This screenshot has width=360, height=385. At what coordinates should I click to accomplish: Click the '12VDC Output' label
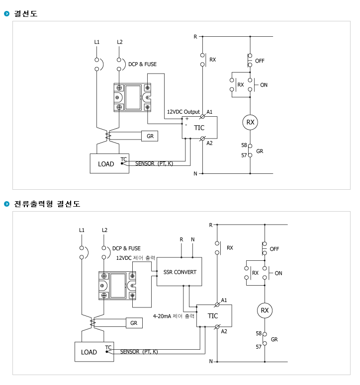click(x=183, y=112)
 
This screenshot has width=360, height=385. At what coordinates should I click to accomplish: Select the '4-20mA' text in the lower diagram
click(x=162, y=316)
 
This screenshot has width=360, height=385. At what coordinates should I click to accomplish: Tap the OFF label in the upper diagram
click(x=260, y=61)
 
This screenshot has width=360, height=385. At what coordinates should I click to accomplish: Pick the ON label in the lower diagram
click(x=278, y=273)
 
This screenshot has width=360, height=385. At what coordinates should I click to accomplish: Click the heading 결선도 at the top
click(x=25, y=13)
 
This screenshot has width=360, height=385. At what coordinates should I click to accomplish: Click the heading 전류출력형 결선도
click(x=47, y=204)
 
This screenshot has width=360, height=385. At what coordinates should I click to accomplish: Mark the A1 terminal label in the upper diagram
click(x=209, y=112)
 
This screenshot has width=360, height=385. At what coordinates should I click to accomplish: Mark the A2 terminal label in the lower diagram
click(x=224, y=331)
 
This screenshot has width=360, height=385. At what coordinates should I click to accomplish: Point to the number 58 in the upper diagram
click(x=244, y=145)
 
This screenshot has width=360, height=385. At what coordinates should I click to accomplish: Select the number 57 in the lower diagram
click(x=259, y=347)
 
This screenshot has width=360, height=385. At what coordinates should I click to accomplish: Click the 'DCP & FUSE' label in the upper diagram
click(x=142, y=64)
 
